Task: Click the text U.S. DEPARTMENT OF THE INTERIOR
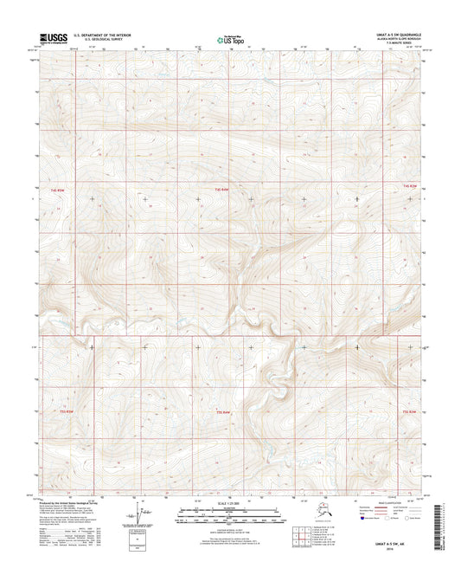[x=105, y=35]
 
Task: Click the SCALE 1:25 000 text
[x=230, y=503]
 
